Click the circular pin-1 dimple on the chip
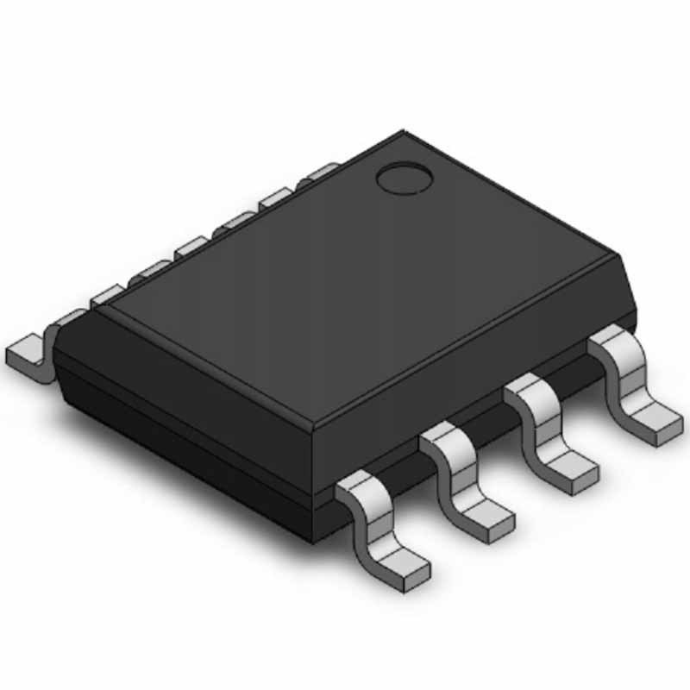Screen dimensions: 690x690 404,179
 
